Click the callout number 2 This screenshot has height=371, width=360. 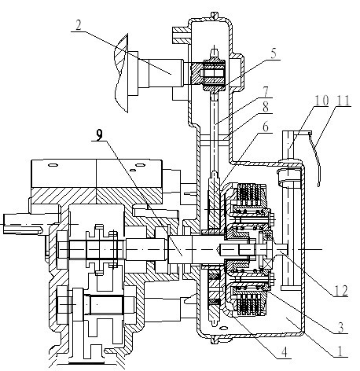[79, 25]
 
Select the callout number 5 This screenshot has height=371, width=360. [274, 53]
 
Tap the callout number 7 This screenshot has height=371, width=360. [266, 92]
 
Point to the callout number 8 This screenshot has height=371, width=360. [266, 107]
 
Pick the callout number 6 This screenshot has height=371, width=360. [266, 127]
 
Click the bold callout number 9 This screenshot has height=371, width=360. [99, 135]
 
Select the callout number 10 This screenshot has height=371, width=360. [321, 101]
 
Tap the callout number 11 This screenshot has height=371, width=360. [343, 101]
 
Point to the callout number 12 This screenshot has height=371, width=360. [341, 291]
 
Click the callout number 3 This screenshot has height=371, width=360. [340, 328]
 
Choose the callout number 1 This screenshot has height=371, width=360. [340, 351]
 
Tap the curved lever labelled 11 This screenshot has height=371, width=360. [316, 159]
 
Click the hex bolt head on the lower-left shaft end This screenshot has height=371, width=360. [62, 304]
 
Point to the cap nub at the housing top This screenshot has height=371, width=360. [215, 16]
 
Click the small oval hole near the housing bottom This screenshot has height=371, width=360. [223, 328]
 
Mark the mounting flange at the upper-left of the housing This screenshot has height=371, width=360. [181, 35]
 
